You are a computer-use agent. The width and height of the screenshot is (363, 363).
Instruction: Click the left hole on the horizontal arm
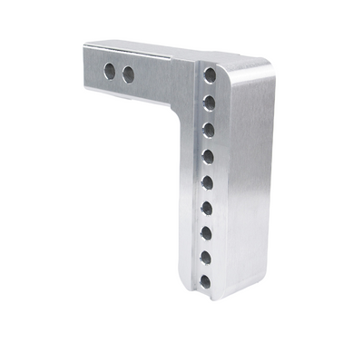(x=110, y=71)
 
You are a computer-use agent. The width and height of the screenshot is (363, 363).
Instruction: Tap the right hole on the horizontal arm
(x=128, y=74)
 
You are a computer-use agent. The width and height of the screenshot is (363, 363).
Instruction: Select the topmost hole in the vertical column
(x=210, y=75)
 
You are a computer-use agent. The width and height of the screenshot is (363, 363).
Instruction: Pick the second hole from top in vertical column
(x=209, y=103)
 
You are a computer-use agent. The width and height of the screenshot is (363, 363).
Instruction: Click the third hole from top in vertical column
(x=209, y=129)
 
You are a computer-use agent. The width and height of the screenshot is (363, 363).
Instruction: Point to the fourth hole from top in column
(x=208, y=156)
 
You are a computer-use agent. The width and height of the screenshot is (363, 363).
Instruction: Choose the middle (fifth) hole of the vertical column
(x=208, y=182)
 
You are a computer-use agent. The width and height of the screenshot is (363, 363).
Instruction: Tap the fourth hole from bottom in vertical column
(x=207, y=208)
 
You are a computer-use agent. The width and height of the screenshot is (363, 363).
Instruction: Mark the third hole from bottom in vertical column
(x=206, y=233)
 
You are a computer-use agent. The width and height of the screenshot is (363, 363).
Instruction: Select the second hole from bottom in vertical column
(x=206, y=258)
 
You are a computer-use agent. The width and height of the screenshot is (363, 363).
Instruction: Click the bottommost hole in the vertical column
(x=205, y=282)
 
